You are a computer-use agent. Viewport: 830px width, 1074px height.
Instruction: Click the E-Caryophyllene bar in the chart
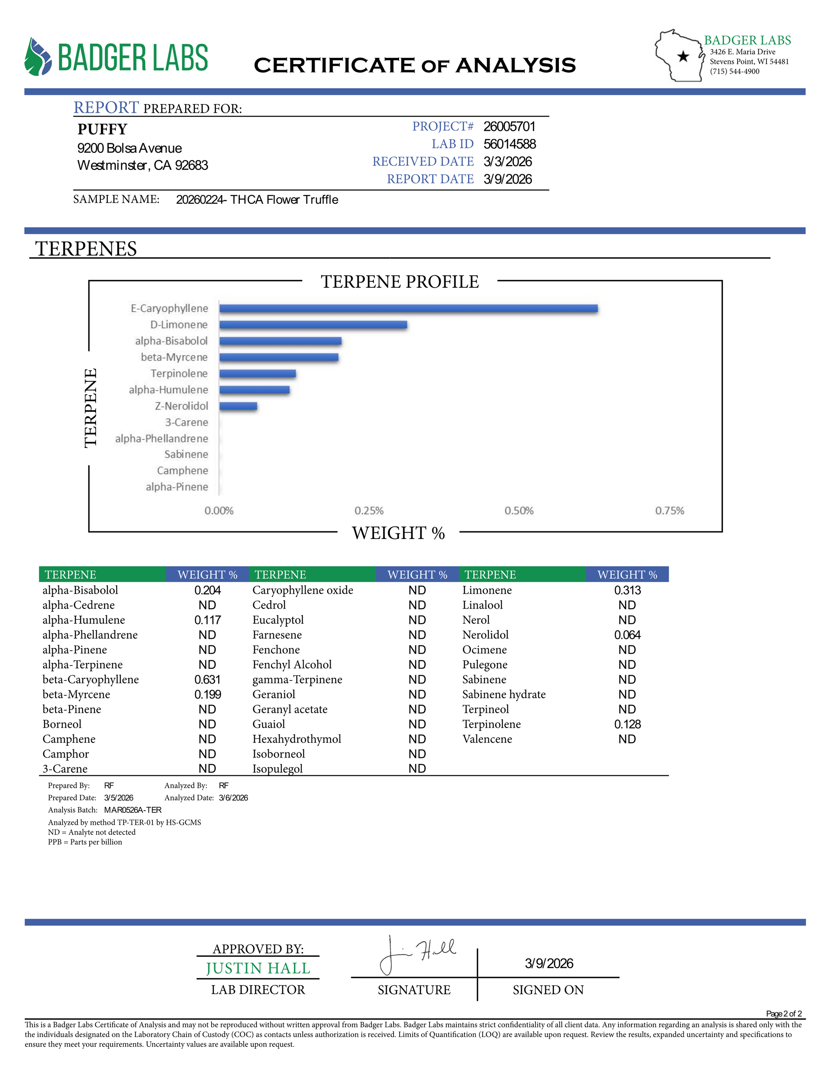point(408,308)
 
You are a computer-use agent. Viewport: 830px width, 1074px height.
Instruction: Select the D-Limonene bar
point(313,325)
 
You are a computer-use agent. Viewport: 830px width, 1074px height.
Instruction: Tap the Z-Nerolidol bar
point(238,406)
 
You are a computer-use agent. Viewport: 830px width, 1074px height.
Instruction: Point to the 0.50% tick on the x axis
point(519,511)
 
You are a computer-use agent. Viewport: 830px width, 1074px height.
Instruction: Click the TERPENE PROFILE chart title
point(400,282)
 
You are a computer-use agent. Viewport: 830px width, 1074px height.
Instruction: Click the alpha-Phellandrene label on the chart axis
point(161,439)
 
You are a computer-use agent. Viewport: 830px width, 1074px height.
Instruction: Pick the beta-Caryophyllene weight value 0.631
point(207,680)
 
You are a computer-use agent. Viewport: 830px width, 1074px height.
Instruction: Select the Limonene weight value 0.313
point(627,590)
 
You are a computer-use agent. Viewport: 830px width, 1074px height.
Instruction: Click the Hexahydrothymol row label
point(297,739)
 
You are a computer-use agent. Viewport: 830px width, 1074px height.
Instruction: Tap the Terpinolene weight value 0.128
point(627,724)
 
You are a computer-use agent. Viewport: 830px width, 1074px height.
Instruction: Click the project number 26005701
point(509,126)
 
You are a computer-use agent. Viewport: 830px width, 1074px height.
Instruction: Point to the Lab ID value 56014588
point(509,144)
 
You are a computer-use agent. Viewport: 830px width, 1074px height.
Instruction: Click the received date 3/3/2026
point(507,162)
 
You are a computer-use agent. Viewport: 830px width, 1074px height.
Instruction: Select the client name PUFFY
point(102,129)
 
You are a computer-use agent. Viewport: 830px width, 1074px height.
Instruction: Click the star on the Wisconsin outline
point(683,57)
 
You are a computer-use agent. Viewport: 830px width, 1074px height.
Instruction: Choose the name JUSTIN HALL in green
point(258,968)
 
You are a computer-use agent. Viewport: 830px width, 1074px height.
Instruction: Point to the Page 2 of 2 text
point(784,1014)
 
